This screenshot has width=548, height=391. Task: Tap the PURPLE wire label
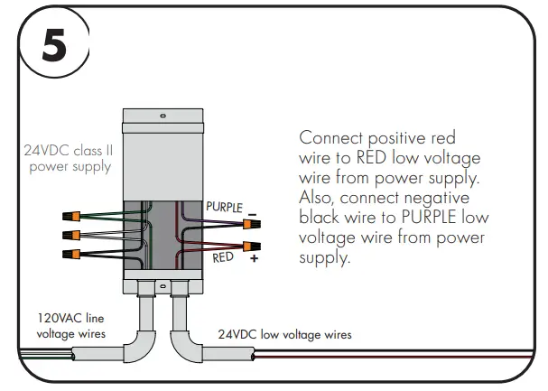click(224, 207)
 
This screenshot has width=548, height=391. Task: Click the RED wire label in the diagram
click(223, 257)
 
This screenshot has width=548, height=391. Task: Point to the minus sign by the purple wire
click(253, 215)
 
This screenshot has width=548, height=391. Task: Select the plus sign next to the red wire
click(254, 259)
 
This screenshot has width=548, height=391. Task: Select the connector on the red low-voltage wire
click(250, 246)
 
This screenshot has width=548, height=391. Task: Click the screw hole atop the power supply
click(163, 116)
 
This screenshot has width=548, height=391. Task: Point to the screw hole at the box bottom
click(163, 286)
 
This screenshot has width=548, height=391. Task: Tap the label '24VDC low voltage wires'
click(284, 334)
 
